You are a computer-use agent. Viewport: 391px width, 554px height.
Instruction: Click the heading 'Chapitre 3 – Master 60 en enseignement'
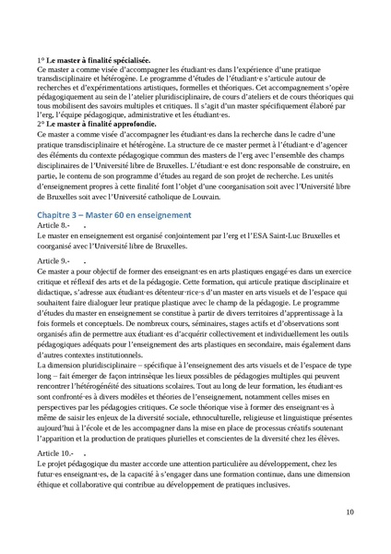coord(114,215)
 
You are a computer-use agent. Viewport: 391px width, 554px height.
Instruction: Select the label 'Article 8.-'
coord(53,225)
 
